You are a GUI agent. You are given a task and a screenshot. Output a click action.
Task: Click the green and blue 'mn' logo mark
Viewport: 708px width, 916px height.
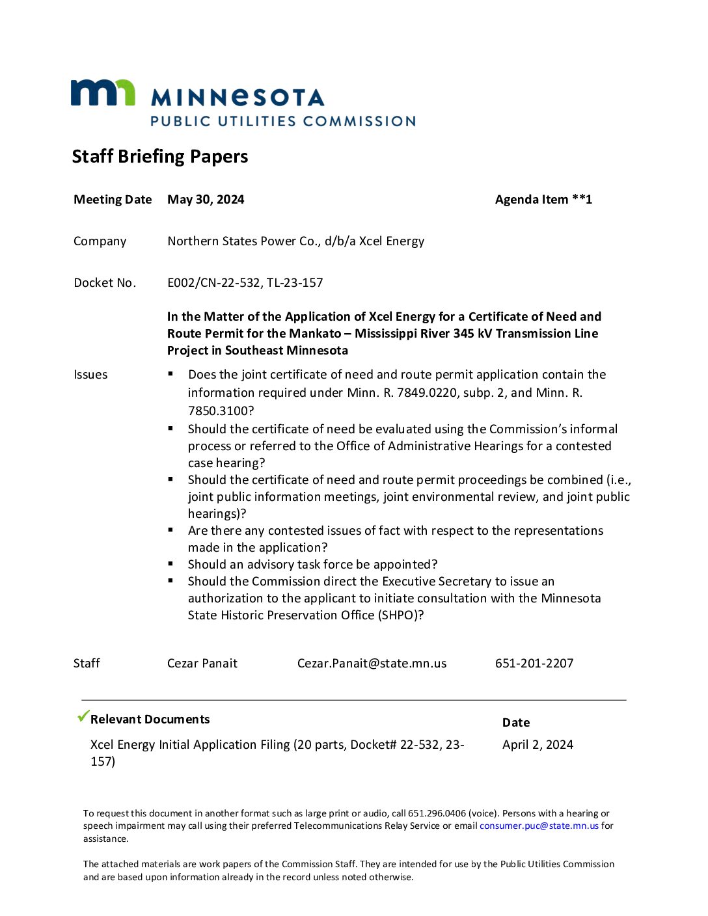(103, 92)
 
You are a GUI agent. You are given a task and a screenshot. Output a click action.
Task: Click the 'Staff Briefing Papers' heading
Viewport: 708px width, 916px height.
(160, 157)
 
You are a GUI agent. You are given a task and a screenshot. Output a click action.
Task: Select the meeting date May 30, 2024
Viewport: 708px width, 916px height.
(206, 200)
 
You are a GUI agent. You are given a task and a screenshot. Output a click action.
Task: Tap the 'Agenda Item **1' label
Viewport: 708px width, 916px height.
(543, 200)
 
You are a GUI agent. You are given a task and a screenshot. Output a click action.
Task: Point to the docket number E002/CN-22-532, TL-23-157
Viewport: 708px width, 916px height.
(245, 283)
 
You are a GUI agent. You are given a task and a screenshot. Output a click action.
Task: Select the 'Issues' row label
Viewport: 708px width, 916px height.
(90, 375)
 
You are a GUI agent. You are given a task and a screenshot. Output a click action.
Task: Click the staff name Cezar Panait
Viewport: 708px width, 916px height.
(202, 664)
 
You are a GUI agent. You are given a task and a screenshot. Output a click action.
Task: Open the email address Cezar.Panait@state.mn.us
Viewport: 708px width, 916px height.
(372, 664)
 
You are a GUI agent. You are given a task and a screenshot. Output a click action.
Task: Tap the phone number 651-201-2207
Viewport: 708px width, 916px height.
(534, 664)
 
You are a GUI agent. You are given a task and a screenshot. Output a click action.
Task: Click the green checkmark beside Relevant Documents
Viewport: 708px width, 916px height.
(83, 716)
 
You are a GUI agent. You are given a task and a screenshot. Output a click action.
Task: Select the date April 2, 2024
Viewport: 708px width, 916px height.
(538, 745)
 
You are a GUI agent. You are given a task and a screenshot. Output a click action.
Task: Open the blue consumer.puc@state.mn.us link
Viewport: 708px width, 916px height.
(539, 826)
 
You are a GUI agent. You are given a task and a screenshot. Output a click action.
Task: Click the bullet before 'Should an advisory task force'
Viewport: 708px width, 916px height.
(170, 563)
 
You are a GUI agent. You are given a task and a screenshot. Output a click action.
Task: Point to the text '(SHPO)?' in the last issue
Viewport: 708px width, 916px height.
(401, 615)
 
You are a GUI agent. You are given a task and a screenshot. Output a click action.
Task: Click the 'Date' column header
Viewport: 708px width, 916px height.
(516, 723)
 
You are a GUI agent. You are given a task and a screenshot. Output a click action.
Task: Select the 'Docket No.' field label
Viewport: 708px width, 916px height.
(105, 283)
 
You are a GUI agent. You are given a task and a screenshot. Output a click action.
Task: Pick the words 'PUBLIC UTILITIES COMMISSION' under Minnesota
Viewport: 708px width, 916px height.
(283, 122)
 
